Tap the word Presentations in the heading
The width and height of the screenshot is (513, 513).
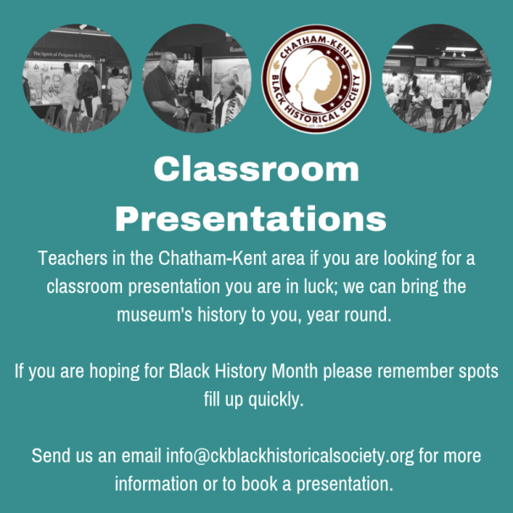point(251,218)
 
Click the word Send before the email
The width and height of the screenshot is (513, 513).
point(51,455)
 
